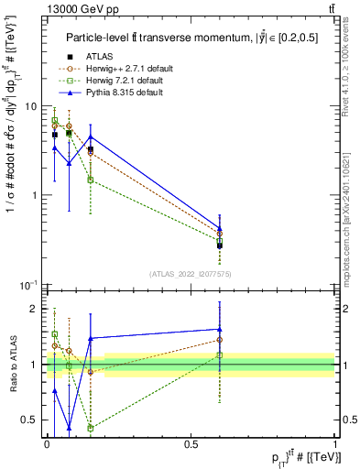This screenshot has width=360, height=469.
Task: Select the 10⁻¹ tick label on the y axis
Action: [x=30, y=285]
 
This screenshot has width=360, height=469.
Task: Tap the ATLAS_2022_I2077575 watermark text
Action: [x=190, y=273]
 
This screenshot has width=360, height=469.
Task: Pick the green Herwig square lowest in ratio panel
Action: [x=91, y=428]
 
